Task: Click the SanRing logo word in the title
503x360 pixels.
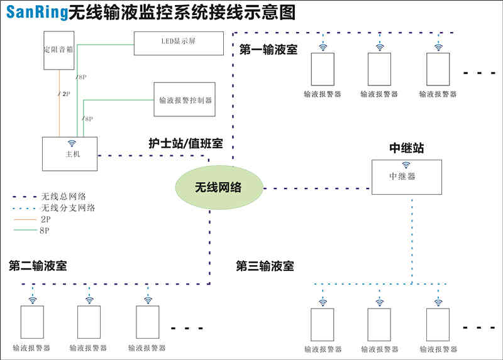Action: (36, 13)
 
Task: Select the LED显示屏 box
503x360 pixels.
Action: (179, 43)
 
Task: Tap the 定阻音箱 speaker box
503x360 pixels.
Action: (59, 50)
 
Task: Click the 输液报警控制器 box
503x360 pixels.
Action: (184, 99)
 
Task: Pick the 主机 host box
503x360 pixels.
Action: (70, 154)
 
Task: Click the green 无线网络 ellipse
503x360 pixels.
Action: (219, 187)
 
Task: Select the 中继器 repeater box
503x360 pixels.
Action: (407, 177)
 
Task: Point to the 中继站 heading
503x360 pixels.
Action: (407, 148)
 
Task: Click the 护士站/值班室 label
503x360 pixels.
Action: (185, 143)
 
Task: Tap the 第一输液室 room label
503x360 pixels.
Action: (268, 50)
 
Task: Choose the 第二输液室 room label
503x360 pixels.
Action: (38, 266)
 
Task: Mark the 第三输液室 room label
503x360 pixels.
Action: (265, 266)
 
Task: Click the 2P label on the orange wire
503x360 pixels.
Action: (66, 94)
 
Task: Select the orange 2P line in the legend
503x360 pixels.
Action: (25, 220)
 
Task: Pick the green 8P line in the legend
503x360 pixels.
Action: (25, 230)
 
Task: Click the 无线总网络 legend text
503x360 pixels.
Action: (64, 196)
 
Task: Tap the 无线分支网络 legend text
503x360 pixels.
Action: (68, 208)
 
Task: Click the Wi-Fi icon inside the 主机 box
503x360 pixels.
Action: (72, 143)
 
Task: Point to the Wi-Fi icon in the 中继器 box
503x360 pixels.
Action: (406, 165)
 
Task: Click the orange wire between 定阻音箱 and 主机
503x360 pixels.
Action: (59, 103)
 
